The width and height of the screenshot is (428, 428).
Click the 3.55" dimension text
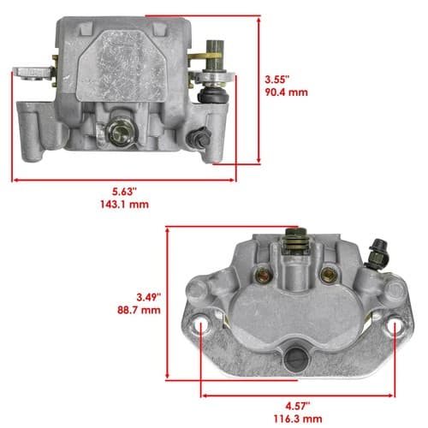277,80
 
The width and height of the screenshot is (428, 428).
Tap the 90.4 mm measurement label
287,92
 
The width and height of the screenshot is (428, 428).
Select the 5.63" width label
125,192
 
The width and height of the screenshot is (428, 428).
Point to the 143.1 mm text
124,205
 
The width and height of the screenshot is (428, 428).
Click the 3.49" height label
147,297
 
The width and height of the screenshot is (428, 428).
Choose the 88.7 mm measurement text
139,310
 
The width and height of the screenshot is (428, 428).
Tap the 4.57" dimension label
298,406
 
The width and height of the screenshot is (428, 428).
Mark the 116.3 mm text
298,419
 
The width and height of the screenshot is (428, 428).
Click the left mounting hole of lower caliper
201,325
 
